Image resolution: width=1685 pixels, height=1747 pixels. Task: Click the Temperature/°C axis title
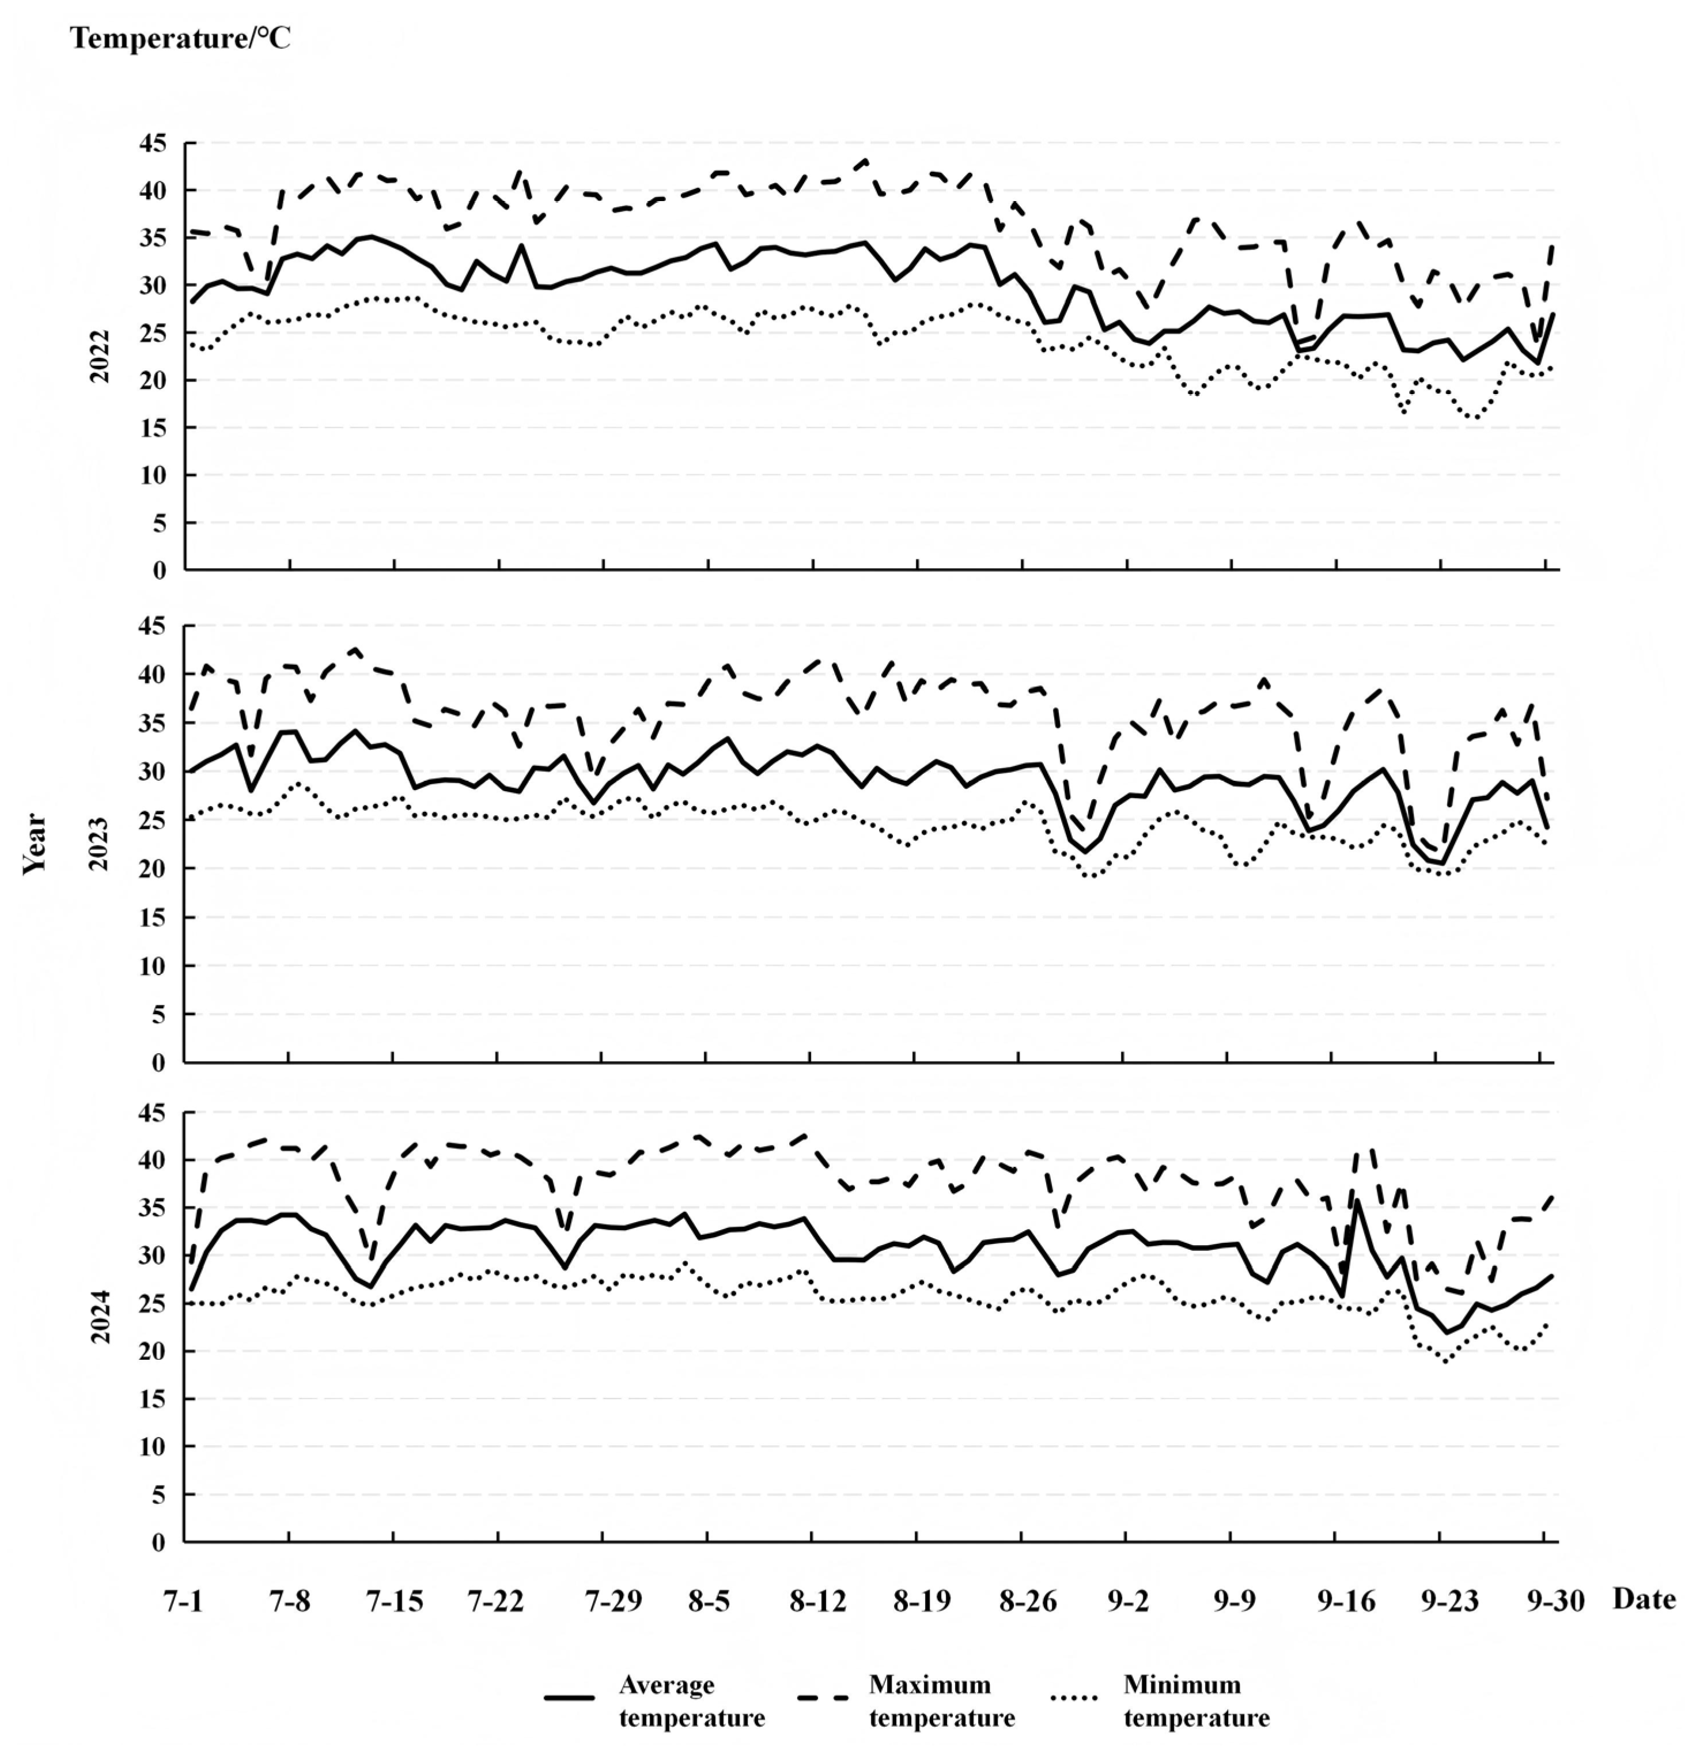click(x=181, y=39)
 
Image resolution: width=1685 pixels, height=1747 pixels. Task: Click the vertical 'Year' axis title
click(x=36, y=842)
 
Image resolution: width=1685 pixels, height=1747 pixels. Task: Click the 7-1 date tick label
click(x=184, y=1602)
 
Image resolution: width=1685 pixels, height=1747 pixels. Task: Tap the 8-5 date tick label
click(x=709, y=1602)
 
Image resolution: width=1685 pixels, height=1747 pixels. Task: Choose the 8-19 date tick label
click(x=917, y=1602)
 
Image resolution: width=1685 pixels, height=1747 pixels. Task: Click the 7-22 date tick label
click(x=497, y=1602)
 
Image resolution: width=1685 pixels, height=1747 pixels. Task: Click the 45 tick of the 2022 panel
click(x=153, y=143)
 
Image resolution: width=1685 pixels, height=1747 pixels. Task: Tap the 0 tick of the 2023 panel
click(x=160, y=1062)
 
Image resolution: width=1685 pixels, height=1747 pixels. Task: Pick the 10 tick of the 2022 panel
click(x=153, y=475)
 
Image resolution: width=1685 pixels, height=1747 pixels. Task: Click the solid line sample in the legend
click(x=569, y=1698)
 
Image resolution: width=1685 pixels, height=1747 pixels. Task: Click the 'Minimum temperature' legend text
click(x=1196, y=1701)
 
